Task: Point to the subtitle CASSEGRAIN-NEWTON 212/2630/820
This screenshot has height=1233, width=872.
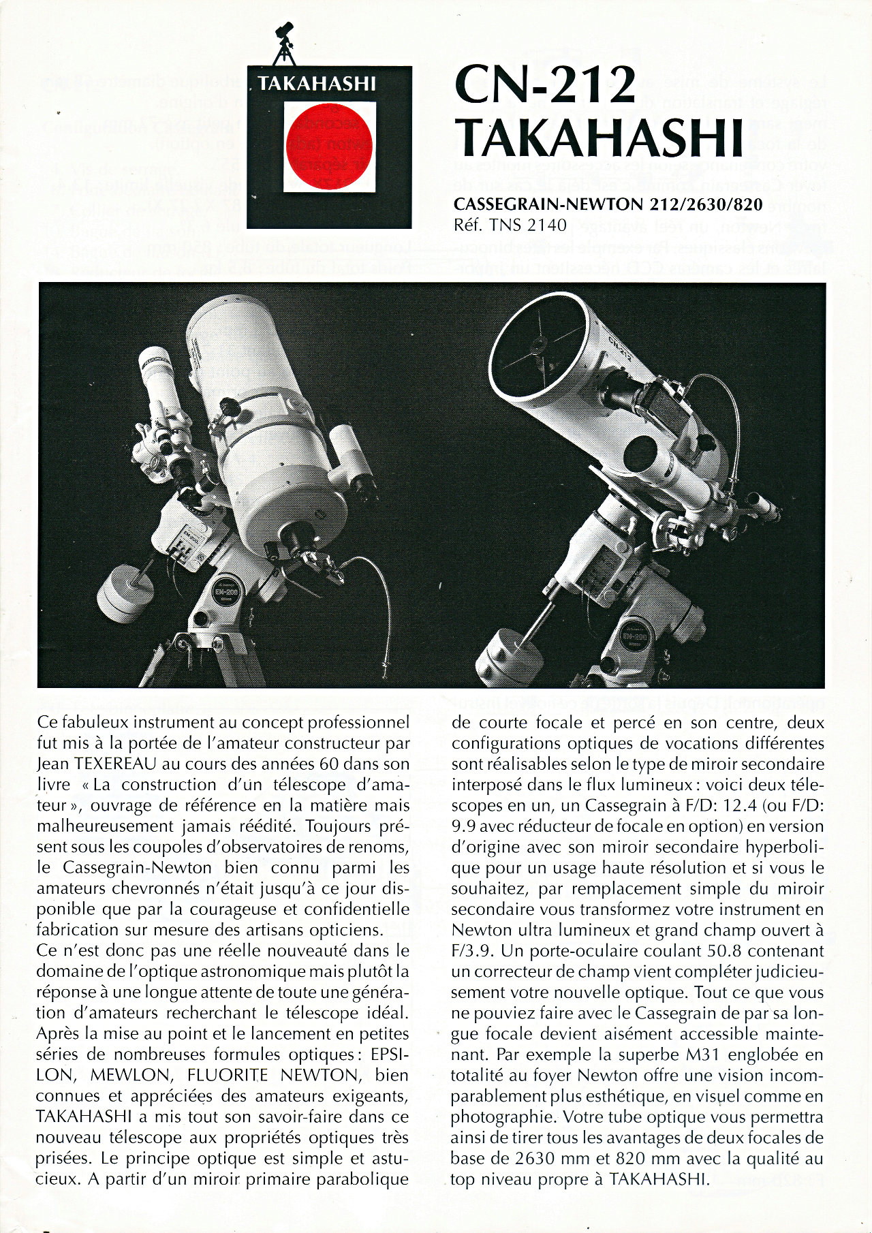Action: point(608,204)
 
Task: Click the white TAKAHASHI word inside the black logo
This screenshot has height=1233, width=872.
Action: point(317,84)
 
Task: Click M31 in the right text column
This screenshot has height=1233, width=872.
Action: point(704,1055)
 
